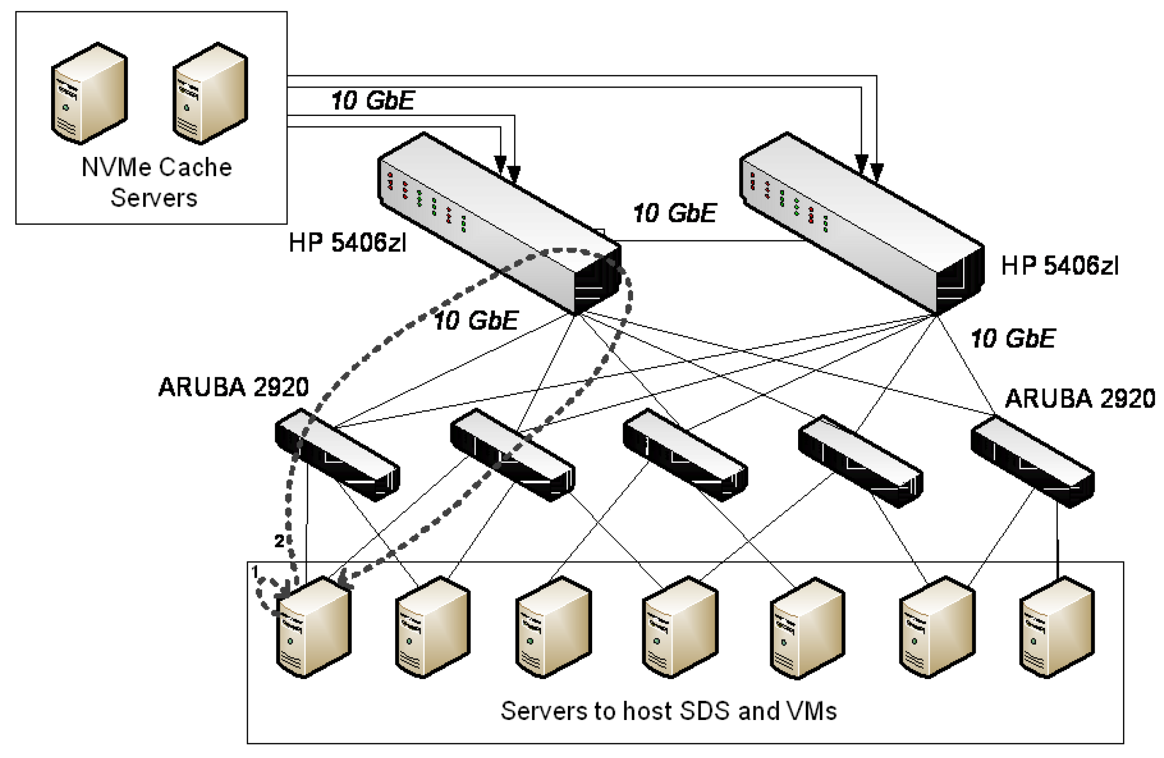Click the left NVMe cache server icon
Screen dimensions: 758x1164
click(x=90, y=94)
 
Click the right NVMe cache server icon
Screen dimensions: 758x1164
click(x=210, y=94)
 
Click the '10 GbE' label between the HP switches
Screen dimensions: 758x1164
click(x=674, y=213)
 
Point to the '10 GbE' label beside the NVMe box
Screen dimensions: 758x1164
click(x=373, y=100)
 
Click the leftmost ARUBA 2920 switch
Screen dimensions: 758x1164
click(x=337, y=455)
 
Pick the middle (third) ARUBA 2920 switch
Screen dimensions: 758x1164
click(x=685, y=455)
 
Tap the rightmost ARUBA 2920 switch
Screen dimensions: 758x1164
click(x=1032, y=461)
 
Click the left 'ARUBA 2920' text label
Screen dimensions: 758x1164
click(x=233, y=387)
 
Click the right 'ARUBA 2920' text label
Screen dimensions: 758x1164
click(x=1079, y=398)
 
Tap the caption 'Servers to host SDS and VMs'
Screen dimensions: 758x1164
click(x=668, y=711)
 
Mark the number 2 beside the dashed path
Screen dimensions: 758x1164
click(x=279, y=541)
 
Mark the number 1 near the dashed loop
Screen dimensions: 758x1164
click(x=256, y=571)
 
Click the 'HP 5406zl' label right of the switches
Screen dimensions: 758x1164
click(x=1060, y=266)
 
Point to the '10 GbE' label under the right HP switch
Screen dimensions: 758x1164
click(x=1012, y=339)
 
